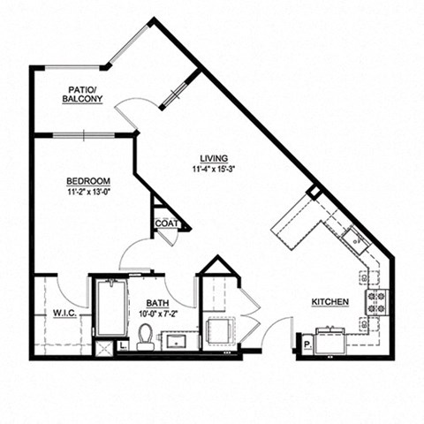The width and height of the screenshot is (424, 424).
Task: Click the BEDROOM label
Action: pos(87,182)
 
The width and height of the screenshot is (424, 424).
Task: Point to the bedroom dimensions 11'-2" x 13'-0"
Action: pos(87,193)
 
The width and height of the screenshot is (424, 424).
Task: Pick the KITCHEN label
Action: pos(329,302)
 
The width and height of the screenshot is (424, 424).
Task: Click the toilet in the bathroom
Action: pos(146,337)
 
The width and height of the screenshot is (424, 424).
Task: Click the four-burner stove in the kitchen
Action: pos(375,302)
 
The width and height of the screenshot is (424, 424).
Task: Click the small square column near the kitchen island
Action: pos(313,192)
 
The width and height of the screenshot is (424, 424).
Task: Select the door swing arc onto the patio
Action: pos(131,113)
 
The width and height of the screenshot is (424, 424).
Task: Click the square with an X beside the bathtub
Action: pos(102,347)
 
